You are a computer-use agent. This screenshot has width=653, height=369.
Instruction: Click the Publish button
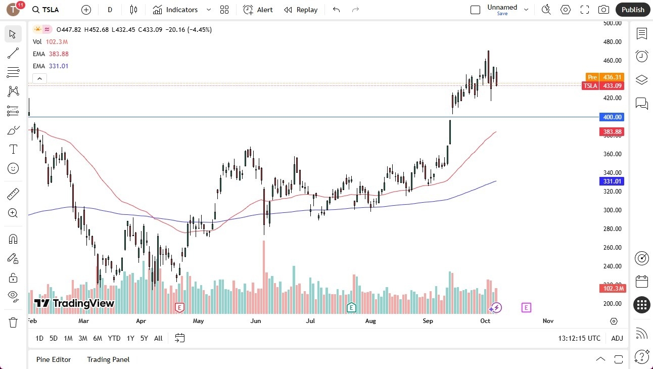633,10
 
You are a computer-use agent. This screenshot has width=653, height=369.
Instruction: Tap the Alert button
258,10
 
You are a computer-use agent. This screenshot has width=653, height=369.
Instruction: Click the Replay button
301,10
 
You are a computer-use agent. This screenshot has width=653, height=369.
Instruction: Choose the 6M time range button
98,338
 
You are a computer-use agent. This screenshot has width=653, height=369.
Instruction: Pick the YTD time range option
114,338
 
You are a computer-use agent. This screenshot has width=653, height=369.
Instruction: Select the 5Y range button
144,338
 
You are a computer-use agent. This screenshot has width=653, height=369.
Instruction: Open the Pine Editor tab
54,359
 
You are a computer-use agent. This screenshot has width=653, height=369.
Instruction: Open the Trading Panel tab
108,359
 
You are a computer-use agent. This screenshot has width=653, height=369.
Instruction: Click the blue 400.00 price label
612,117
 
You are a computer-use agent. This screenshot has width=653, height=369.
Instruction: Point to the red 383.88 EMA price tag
612,132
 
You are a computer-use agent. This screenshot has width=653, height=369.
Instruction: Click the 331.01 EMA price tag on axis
612,181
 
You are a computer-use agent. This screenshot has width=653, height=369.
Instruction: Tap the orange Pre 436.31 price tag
604,77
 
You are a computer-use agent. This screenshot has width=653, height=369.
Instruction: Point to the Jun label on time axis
256,321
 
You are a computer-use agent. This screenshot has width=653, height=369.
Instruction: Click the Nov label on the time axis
548,321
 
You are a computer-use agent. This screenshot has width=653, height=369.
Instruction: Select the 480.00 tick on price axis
612,42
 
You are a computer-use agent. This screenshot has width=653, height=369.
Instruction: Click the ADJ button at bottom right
617,338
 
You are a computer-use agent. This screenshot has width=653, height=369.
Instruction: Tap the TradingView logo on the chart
74,303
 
